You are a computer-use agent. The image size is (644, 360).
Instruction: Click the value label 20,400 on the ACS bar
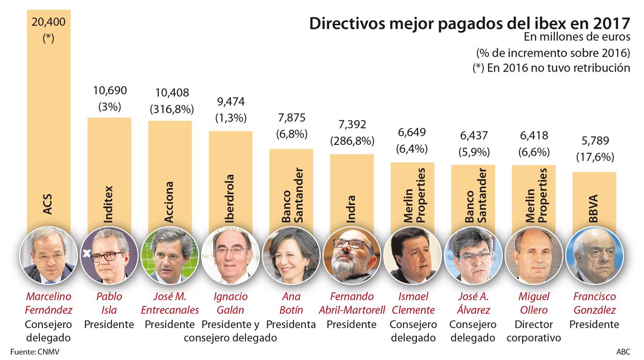[48, 22]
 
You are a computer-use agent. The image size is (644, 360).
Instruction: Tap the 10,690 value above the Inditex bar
[109, 91]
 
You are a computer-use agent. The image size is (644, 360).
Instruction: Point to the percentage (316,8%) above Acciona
[172, 109]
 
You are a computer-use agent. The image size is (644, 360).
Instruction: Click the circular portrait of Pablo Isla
[109, 254]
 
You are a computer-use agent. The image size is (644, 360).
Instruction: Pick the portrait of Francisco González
[594, 254]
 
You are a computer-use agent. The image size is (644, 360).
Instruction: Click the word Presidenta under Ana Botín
[291, 324]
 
